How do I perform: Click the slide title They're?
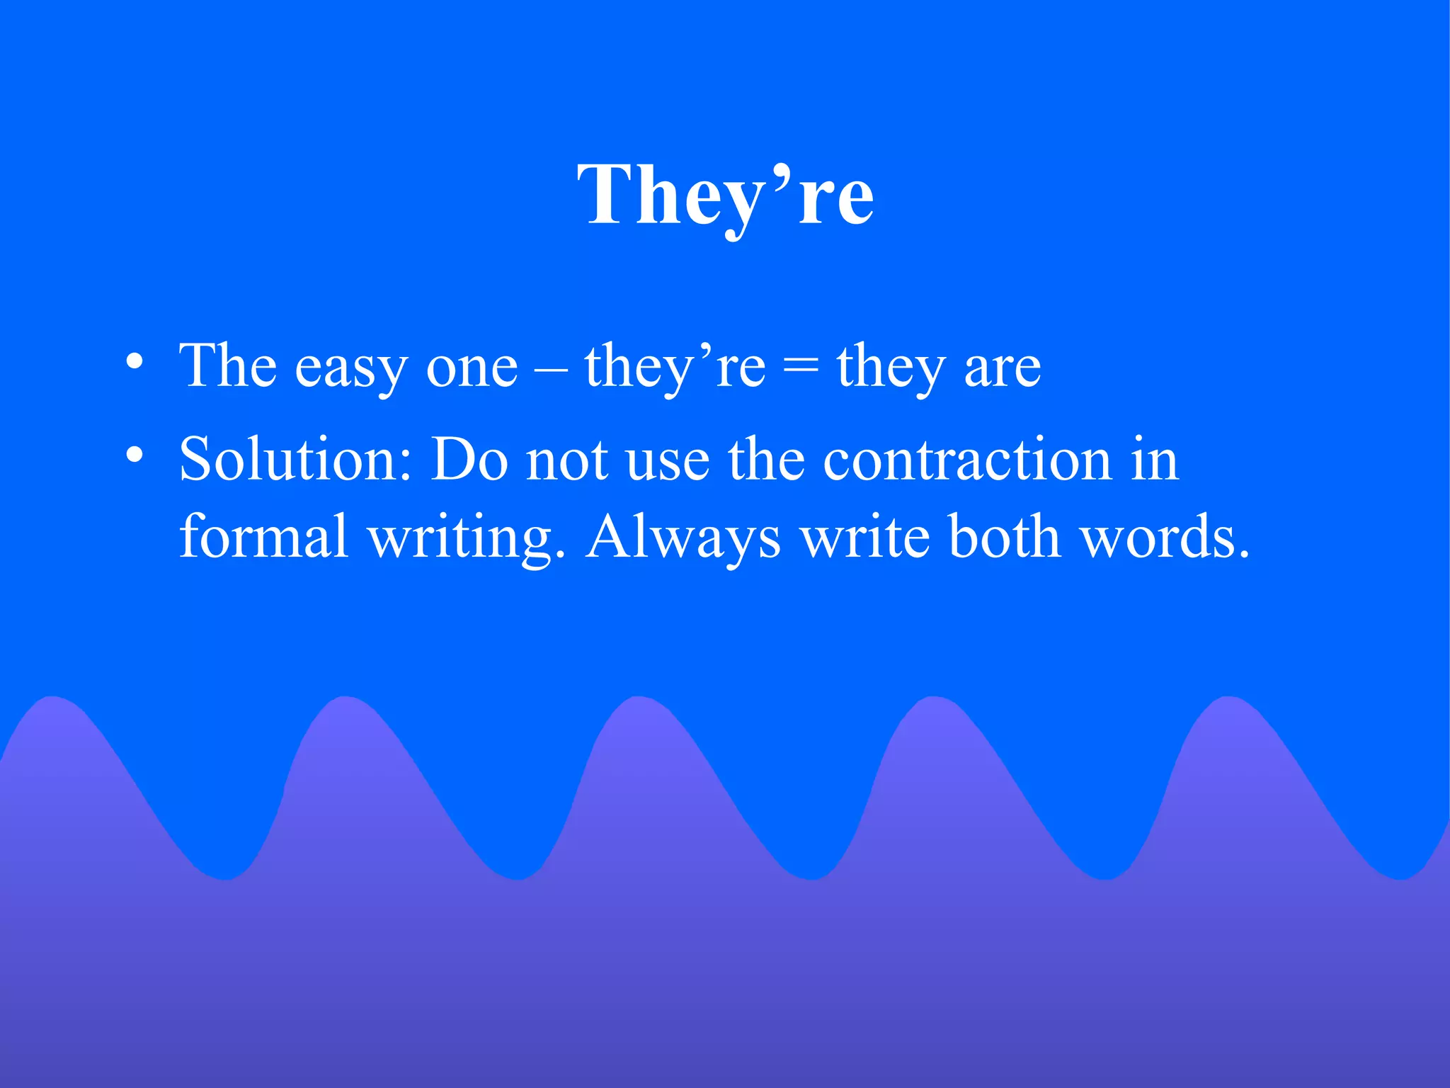[x=725, y=195]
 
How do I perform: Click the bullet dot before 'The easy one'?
[x=135, y=363]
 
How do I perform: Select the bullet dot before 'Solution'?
[x=135, y=455]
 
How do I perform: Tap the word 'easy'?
[x=351, y=368]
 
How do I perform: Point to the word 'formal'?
[x=263, y=535]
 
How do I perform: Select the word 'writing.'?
[x=467, y=538]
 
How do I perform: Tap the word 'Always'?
[x=683, y=538]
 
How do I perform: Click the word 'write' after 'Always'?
[x=865, y=537]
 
